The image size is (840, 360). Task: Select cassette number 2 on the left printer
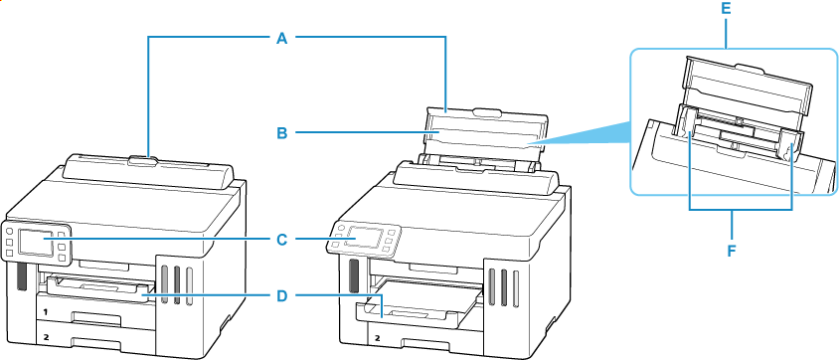(44, 337)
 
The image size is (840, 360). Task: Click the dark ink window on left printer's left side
(19, 277)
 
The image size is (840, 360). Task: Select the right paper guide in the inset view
(790, 143)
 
